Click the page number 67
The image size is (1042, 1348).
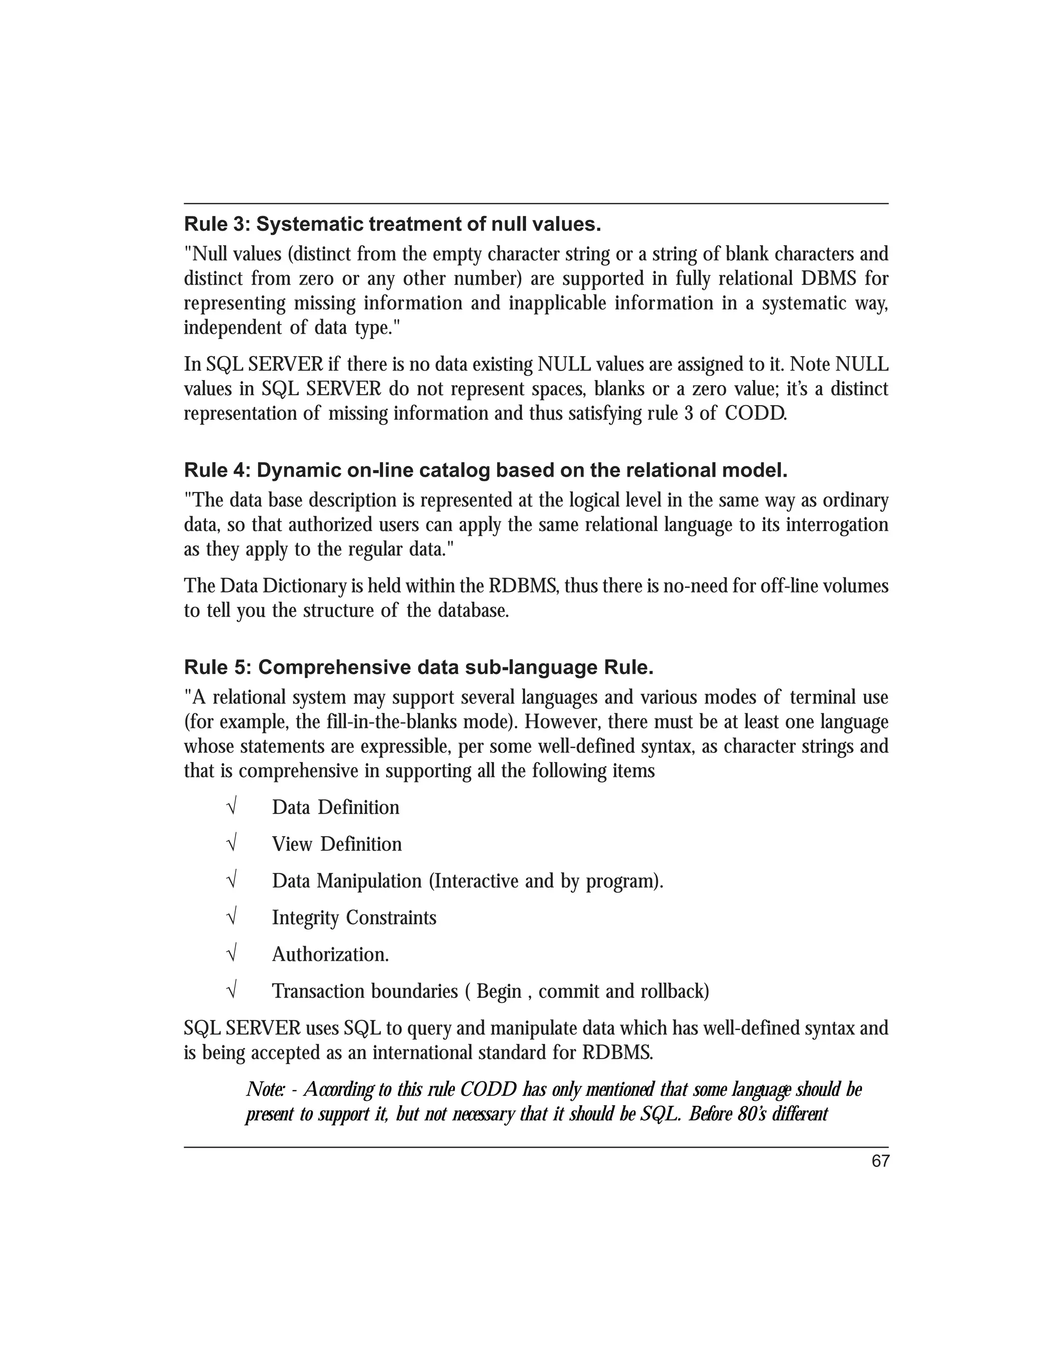[880, 1162]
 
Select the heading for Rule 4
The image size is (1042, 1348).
[486, 471]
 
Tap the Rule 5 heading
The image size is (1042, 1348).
[419, 668]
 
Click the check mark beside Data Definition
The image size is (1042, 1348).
[232, 807]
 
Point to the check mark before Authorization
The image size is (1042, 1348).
[232, 954]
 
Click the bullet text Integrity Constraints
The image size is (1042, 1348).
[354, 918]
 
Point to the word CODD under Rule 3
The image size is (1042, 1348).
[755, 414]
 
